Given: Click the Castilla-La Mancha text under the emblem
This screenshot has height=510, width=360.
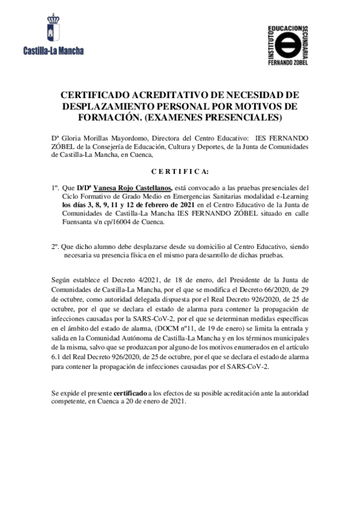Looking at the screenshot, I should pos(53,51).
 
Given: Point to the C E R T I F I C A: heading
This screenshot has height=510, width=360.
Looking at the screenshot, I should pos(180,171).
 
